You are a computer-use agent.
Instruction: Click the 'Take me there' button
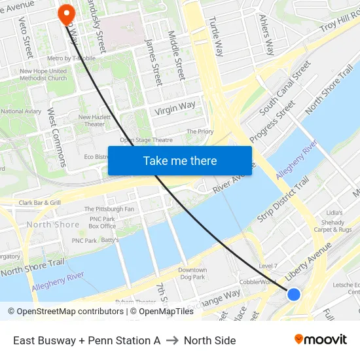point(180,160)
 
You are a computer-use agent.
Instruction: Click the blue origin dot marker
point(294,295)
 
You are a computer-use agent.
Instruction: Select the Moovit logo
point(321,340)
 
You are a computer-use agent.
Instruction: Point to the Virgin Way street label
point(175,108)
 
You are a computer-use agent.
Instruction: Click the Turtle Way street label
point(217,36)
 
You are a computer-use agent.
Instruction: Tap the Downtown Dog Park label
point(192,274)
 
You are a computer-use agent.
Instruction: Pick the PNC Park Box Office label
point(102,223)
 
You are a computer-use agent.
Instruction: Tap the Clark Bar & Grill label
point(39,203)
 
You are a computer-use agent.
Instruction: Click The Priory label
point(200,132)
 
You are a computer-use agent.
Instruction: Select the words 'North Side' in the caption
point(209,340)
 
